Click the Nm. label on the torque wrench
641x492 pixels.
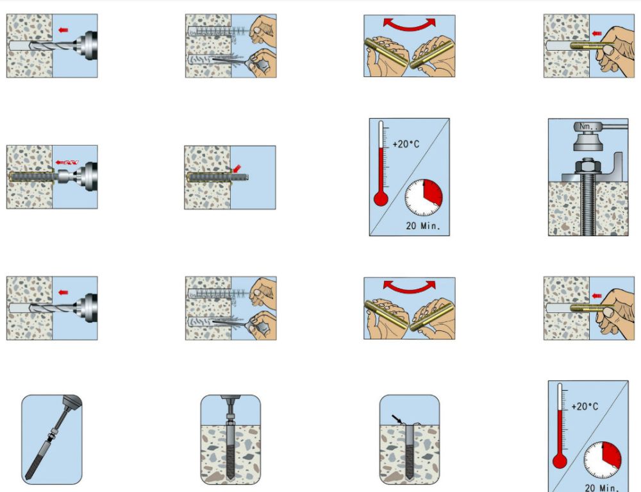click(x=586, y=127)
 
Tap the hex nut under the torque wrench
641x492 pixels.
click(x=587, y=166)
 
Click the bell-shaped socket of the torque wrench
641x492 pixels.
click(x=587, y=140)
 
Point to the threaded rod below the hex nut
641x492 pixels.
click(x=587, y=205)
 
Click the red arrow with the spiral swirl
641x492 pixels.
click(x=67, y=162)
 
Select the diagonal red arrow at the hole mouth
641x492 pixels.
click(x=237, y=169)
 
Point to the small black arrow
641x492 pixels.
click(x=396, y=420)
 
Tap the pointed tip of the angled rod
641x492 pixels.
click(x=27, y=478)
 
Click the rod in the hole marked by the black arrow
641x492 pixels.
click(x=409, y=452)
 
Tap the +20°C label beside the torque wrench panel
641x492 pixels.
click(x=406, y=144)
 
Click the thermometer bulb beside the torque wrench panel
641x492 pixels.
click(x=381, y=199)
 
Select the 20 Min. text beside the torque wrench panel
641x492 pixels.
click(x=422, y=225)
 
